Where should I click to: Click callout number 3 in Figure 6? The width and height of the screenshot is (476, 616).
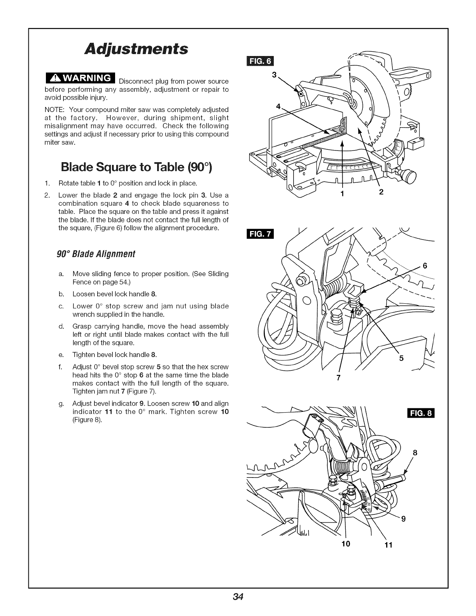tap(274, 75)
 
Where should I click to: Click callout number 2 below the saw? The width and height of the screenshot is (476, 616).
tap(381, 192)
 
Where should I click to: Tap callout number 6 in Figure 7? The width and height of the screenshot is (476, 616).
tap(425, 266)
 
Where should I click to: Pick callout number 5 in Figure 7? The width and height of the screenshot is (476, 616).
tap(402, 358)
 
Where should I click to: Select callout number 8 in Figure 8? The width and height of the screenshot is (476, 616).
tap(415, 452)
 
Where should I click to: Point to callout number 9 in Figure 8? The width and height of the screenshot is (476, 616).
tap(403, 518)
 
